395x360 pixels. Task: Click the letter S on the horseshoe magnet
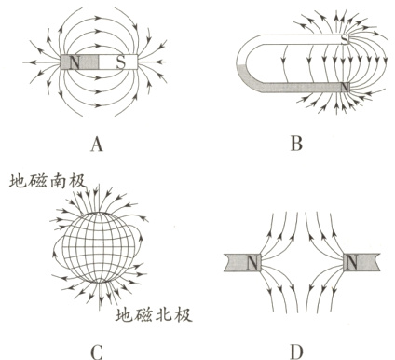[x=346, y=39]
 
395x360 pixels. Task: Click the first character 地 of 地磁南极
[x=14, y=177]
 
